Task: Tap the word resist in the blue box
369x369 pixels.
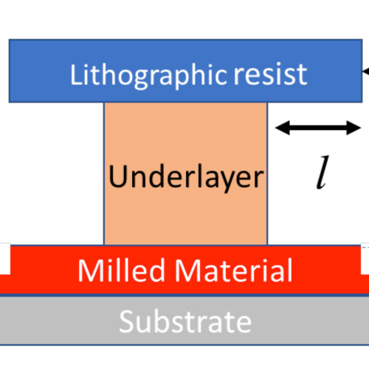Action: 270,75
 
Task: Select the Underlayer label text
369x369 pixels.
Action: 186,178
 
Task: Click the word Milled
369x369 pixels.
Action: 121,270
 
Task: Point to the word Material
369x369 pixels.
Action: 233,270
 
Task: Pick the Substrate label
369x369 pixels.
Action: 185,322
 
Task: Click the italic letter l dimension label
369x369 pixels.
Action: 323,172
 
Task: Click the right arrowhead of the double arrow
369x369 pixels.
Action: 354,128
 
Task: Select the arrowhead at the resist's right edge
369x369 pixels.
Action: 366,72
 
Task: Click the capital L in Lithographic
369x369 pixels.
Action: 75,75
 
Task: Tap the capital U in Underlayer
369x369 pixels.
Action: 117,176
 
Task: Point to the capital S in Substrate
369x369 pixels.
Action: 126,322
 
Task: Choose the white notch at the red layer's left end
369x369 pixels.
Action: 5,258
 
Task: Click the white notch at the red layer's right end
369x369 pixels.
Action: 365,258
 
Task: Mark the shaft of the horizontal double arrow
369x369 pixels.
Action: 318,128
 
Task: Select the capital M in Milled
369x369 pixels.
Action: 90,270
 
